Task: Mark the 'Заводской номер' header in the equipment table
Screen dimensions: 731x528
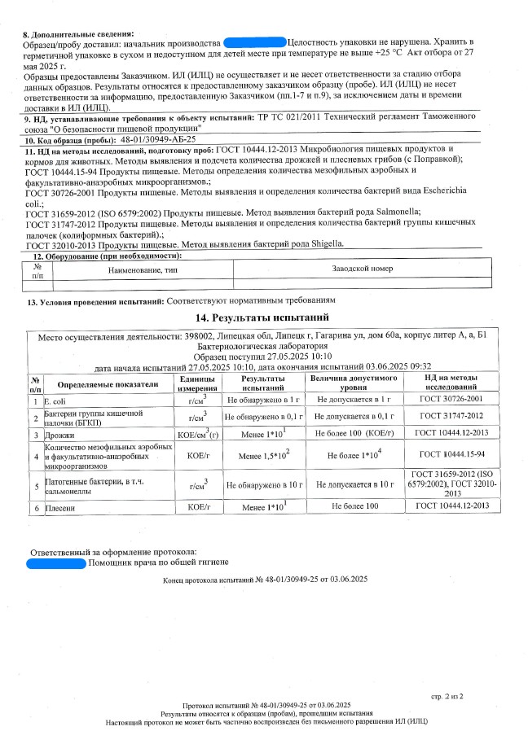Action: pos(363,268)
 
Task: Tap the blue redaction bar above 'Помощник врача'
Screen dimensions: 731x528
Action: pos(55,562)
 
